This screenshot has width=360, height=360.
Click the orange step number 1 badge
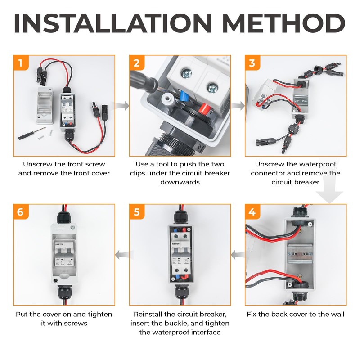[x=21, y=63]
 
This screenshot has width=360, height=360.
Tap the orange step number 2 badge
[x=137, y=63]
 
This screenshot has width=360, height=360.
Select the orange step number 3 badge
[x=252, y=63]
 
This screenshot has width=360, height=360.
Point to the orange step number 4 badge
[x=252, y=211]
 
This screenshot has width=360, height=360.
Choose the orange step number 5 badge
[x=137, y=211]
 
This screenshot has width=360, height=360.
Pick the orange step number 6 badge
[x=21, y=211]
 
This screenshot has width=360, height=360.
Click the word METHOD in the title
[x=284, y=23]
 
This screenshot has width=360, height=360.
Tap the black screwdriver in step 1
[x=31, y=133]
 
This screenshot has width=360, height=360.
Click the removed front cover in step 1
[x=45, y=105]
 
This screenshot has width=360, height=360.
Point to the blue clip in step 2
[x=183, y=96]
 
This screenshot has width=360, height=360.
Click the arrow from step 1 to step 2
[x=122, y=106]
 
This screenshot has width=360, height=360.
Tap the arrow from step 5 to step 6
[x=122, y=255]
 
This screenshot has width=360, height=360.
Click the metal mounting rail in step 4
[x=300, y=253]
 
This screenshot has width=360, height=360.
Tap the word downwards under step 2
[x=180, y=182]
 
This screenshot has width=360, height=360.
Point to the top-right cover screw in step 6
[x=73, y=227]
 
